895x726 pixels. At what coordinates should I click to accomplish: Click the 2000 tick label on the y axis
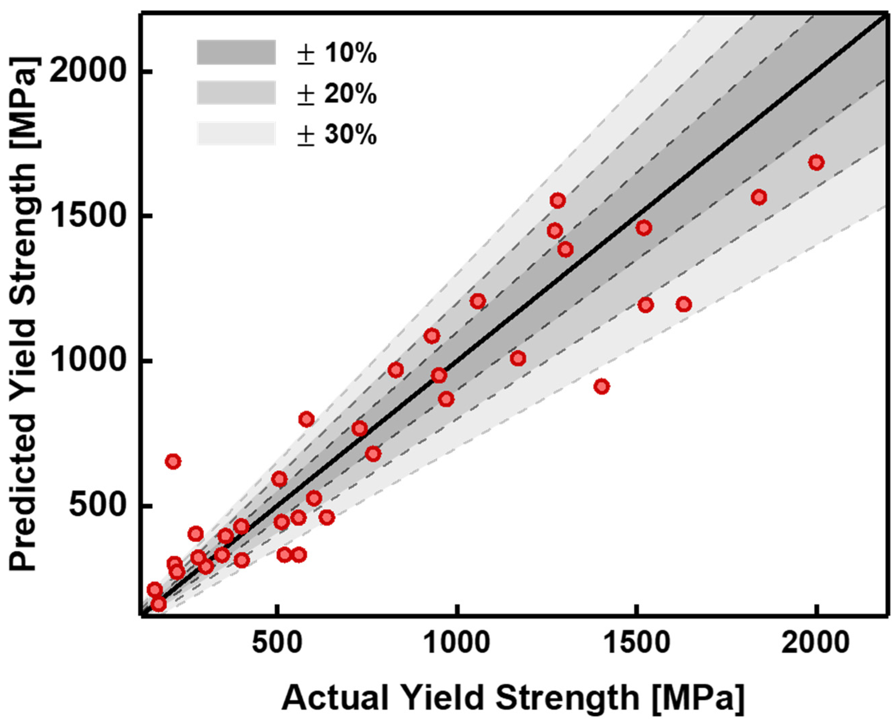(88, 71)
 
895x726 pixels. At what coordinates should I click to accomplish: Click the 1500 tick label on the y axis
(88, 217)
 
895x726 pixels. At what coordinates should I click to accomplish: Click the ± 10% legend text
(337, 53)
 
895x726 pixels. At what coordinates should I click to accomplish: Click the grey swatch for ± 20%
(236, 93)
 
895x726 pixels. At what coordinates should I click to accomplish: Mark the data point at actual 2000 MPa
(816, 163)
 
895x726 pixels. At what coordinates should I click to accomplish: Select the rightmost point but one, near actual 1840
(759, 197)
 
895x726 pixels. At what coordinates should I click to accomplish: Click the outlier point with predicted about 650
(173, 462)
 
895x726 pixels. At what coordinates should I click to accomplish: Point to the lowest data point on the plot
(158, 604)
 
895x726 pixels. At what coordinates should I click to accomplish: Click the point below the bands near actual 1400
(601, 386)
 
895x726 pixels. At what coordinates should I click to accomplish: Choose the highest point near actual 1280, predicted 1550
(557, 201)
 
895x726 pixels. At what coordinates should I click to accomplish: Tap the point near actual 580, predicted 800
(306, 419)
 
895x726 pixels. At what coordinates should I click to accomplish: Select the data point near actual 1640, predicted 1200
(684, 304)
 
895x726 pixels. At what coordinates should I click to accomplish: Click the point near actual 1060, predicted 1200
(477, 301)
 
